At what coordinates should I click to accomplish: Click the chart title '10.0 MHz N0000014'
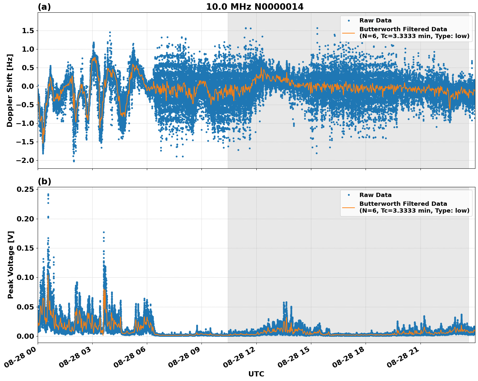click(x=255, y=7)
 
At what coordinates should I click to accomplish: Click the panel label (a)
click(x=44, y=7)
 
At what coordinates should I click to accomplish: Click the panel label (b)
click(x=44, y=181)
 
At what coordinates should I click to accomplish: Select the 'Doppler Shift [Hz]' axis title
click(x=10, y=90)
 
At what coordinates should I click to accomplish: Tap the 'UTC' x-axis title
click(x=256, y=374)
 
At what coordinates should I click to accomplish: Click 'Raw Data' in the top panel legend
click(x=375, y=20)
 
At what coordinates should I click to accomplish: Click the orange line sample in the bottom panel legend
click(x=348, y=207)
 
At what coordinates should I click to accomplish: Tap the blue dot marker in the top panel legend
click(x=348, y=20)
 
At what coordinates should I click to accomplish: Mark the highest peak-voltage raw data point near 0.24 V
click(x=48, y=194)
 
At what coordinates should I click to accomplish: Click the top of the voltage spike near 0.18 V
click(x=104, y=232)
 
